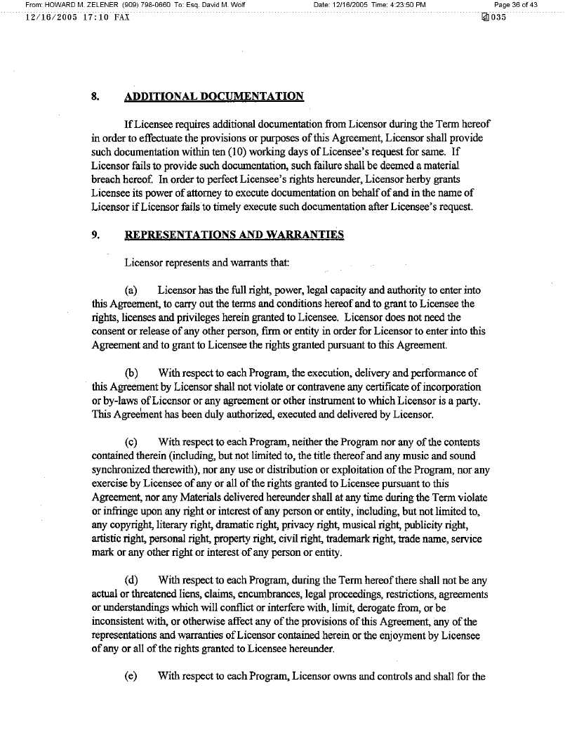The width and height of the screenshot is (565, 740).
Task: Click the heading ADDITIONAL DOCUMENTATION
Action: tap(214, 96)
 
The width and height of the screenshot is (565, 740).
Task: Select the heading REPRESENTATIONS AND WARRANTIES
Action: tap(234, 235)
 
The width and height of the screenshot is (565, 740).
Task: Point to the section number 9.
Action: tap(95, 235)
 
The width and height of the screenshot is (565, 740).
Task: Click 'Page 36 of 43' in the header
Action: tap(516, 5)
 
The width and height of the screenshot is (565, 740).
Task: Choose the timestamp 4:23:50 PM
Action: tap(401, 5)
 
